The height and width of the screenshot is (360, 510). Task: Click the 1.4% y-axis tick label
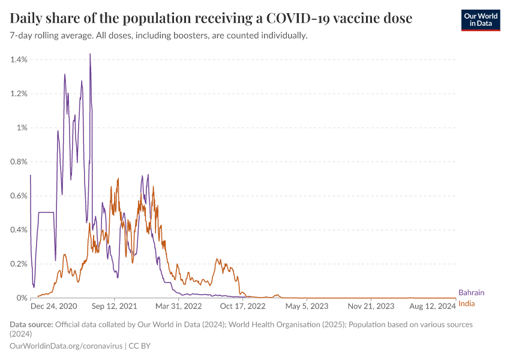pyautogui.click(x=19, y=59)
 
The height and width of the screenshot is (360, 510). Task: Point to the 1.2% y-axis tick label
pyautogui.click(x=19, y=94)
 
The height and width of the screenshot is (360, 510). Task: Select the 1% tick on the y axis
pyautogui.click(x=23, y=128)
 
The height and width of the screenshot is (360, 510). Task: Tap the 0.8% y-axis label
pyautogui.click(x=19, y=161)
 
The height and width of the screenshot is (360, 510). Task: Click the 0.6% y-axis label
pyautogui.click(x=19, y=196)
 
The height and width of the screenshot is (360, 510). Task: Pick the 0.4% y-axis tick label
pyautogui.click(x=19, y=230)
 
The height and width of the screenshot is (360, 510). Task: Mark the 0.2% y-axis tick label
pyautogui.click(x=19, y=264)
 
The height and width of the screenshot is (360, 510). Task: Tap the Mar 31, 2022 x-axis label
pyautogui.click(x=178, y=305)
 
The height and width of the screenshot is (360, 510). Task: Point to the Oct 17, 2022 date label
pyautogui.click(x=243, y=305)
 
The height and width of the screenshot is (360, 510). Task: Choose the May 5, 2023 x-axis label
pyautogui.click(x=307, y=305)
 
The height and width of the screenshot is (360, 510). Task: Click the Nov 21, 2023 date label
pyautogui.click(x=371, y=305)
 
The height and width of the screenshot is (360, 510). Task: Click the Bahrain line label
pyautogui.click(x=471, y=293)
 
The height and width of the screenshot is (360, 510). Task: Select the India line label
pyautogui.click(x=466, y=304)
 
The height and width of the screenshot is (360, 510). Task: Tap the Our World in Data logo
pyautogui.click(x=480, y=19)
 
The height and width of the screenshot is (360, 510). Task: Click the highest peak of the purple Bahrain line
pyautogui.click(x=90, y=55)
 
